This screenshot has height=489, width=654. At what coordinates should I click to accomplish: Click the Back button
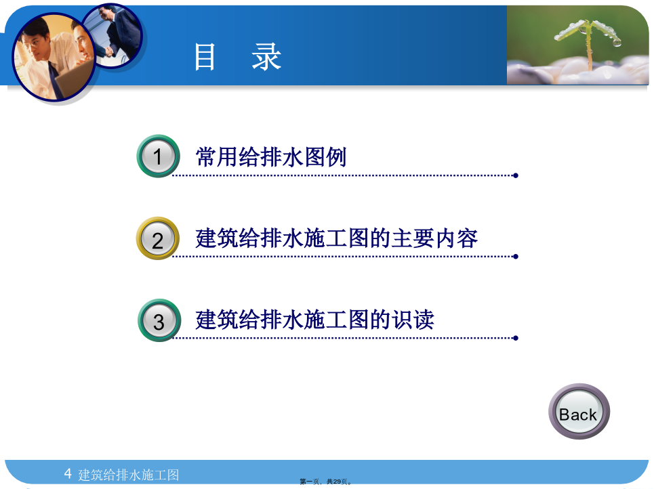[x=579, y=412]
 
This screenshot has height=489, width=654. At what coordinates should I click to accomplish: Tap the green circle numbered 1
[x=158, y=156]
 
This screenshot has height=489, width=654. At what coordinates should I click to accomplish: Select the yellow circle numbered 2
[x=158, y=238]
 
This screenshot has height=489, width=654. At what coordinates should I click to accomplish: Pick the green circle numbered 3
[x=159, y=320]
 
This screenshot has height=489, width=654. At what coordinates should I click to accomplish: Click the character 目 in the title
[x=205, y=57]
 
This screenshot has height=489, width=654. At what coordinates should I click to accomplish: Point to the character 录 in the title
[x=266, y=57]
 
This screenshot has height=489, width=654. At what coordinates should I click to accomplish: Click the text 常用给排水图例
[x=271, y=157]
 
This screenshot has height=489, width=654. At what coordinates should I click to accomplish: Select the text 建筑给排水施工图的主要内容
[x=337, y=238]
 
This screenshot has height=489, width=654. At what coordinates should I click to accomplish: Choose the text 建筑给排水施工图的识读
[x=315, y=320]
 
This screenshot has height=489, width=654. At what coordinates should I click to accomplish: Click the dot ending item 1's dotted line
[x=516, y=175]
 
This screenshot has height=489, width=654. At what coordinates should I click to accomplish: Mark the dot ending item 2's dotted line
[x=516, y=257]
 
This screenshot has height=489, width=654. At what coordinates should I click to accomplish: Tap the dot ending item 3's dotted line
[x=516, y=338]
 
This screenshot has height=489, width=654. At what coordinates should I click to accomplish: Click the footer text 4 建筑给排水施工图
[x=121, y=474]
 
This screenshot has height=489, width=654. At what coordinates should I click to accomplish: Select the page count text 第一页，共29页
[x=325, y=482]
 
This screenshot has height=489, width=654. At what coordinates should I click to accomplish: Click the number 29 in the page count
[x=337, y=482]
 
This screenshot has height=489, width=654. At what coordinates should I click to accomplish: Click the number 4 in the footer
[x=68, y=473]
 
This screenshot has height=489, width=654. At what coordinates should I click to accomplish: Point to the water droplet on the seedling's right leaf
[x=617, y=42]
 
